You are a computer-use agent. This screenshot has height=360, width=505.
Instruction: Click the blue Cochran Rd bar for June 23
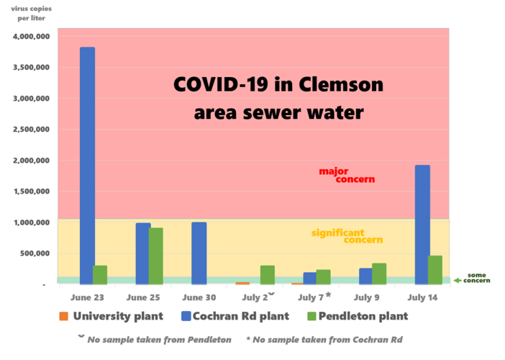pos(86,166)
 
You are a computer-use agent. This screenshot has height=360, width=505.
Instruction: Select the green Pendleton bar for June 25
pos(155,256)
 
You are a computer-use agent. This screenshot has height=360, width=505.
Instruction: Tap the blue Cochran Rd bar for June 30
pos(199,253)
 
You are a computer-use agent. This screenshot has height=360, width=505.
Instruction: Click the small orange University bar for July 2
pos(242,283)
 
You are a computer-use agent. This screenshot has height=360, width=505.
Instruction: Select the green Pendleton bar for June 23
pos(100,274)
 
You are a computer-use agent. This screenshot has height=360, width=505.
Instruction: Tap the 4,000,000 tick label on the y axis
pos(31,36)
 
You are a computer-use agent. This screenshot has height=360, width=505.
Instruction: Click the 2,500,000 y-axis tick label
pos(31,130)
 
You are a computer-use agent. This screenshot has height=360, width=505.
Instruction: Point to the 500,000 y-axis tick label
pos(35,253)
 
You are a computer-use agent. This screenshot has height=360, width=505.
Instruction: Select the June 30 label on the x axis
pos(199,297)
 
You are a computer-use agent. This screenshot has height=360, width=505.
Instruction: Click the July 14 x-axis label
pos(422,297)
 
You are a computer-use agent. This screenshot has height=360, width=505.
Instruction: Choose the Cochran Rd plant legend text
pos(240,316)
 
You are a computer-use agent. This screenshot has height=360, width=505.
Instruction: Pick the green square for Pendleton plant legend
pos(311,316)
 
